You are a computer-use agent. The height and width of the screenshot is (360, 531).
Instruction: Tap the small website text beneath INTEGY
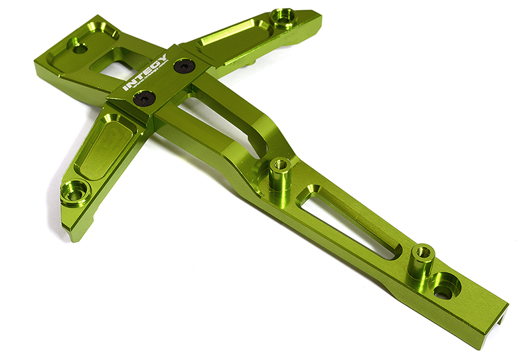151,82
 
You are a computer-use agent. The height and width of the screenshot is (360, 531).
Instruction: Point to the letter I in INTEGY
127,87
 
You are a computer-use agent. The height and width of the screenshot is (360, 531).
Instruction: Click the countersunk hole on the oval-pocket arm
72,193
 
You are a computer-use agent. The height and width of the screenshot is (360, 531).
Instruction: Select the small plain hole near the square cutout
79,48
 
